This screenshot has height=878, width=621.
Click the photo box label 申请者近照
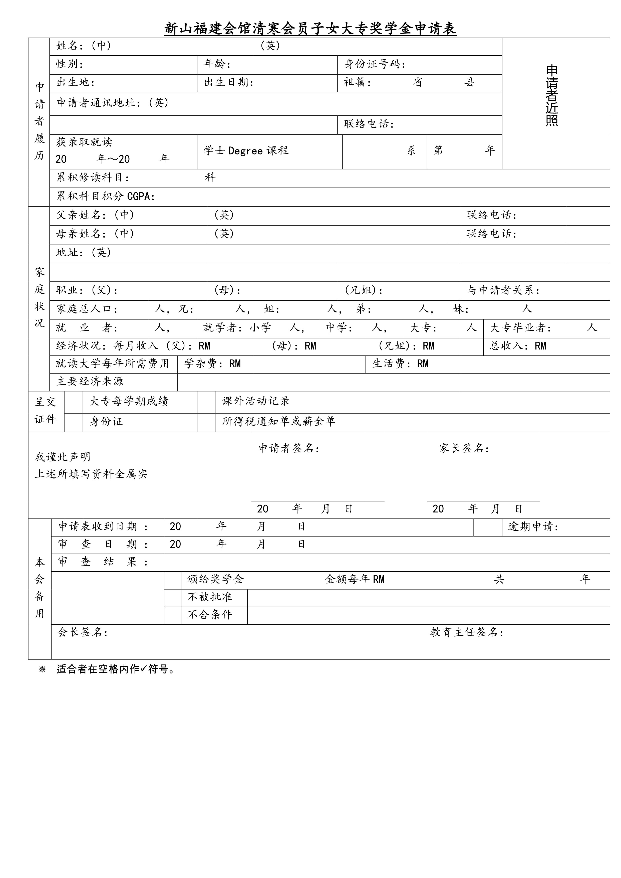point(551,96)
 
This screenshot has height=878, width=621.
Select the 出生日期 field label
point(228,83)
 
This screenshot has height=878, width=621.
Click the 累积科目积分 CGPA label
point(106,197)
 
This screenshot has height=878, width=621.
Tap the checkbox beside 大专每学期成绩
point(73,402)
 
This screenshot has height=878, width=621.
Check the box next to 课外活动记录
point(206,402)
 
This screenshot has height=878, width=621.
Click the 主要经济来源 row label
point(90,382)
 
